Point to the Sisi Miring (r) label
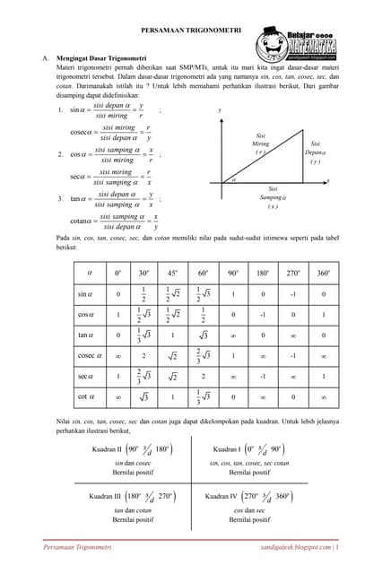pyautogui.click(x=260, y=145)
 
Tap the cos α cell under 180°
pyautogui.click(x=263, y=315)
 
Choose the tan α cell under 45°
pyautogui.click(x=173, y=335)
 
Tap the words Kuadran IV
pyautogui.click(x=223, y=495)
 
